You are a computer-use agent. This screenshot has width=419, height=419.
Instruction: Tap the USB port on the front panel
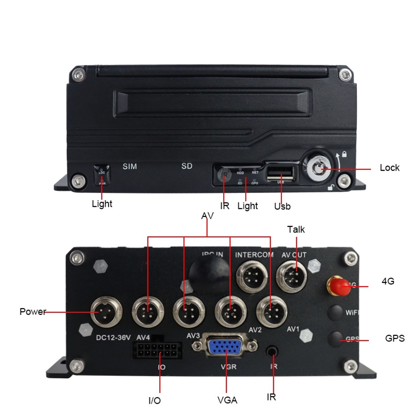pos(280,173)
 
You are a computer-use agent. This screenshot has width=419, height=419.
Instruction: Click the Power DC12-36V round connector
pos(106,312)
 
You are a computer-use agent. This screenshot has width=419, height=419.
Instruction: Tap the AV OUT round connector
pos(291,277)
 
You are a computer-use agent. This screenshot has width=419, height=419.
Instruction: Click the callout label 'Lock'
pos(389,168)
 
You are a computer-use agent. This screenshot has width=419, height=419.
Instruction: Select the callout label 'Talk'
pos(296,230)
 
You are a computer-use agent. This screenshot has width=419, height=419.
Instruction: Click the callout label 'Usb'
pos(282,206)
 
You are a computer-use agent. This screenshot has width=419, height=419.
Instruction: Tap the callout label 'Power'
pos(32,311)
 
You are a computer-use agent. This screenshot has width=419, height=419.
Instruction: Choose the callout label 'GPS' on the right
pos(395,338)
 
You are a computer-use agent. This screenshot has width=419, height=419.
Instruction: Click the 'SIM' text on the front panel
pos(130,166)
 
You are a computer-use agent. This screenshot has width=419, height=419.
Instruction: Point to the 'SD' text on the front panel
pos(187,166)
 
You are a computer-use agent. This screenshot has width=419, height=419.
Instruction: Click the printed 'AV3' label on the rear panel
pos(193,336)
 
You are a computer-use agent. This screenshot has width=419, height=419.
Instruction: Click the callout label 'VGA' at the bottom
pos(227,400)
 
